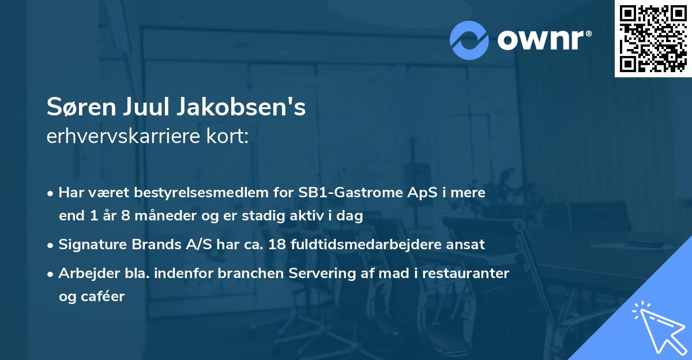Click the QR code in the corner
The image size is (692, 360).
[653, 39]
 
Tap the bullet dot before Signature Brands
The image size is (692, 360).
[51, 245]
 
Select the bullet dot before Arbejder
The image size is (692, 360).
[51, 273]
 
